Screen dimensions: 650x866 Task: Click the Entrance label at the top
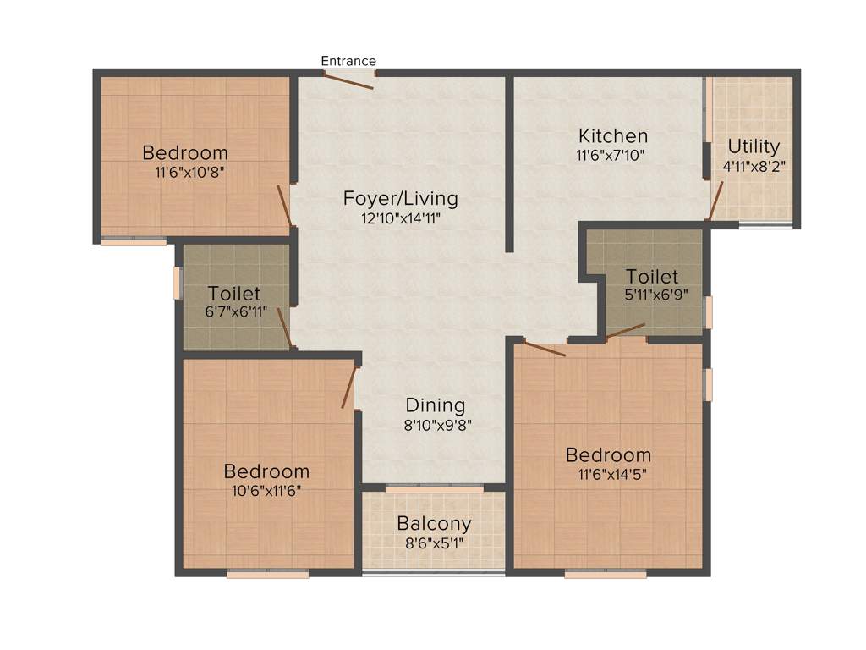click(348, 61)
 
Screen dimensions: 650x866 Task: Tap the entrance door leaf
click(348, 81)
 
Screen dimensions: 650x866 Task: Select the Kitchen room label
click(613, 135)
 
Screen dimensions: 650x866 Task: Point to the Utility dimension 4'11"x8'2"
click(754, 166)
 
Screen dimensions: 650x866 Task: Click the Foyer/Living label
click(400, 199)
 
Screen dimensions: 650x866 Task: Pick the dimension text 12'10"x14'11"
click(400, 218)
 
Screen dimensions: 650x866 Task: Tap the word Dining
click(435, 405)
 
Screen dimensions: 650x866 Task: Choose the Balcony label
click(434, 524)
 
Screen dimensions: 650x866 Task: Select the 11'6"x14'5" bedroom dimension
click(609, 474)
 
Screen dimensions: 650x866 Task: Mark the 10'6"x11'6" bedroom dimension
click(266, 490)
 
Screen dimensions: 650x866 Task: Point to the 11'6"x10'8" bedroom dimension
click(185, 172)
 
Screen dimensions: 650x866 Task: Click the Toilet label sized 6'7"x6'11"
click(234, 294)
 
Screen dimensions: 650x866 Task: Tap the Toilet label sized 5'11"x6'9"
click(652, 277)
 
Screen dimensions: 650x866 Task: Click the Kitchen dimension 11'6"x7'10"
click(613, 155)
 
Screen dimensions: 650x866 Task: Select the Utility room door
click(715, 201)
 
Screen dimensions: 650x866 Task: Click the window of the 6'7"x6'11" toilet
click(178, 283)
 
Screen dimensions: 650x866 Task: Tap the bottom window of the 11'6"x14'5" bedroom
click(606, 574)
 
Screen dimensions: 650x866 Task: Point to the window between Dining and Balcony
click(434, 488)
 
